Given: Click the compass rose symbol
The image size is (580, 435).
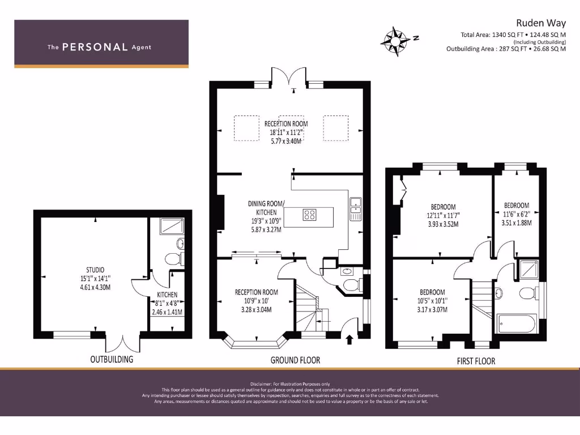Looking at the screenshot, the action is point(396,41).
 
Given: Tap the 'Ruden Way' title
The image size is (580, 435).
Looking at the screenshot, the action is point(541,23).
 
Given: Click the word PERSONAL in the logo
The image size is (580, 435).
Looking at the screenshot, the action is point(95,47).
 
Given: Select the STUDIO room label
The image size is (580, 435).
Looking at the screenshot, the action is point(95,270).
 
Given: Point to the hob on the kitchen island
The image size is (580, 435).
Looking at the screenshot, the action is point(309,215).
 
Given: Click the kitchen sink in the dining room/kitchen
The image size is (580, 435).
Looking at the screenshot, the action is point(356,210).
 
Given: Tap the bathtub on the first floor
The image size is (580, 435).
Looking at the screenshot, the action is point(517,324).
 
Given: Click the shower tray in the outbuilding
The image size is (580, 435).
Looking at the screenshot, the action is point(172,226).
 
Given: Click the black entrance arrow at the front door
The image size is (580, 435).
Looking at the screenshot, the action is point(349,339).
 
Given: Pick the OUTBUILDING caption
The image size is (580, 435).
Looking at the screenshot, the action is point(112,359).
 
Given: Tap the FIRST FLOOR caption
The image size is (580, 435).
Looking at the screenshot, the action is point(476,361).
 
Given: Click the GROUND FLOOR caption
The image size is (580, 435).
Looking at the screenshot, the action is point(295,360).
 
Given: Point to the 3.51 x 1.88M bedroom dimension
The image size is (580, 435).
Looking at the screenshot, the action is point(517,223).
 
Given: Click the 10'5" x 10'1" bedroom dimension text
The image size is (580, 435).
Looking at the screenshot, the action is point(432,301).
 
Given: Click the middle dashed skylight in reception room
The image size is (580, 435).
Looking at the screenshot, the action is point(291,128).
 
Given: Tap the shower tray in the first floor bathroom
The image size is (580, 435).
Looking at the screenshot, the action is point(529,269).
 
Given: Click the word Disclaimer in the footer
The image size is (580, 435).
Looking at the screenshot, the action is point(261,384).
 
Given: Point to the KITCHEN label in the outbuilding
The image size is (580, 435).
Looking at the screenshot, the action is point(167,295).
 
